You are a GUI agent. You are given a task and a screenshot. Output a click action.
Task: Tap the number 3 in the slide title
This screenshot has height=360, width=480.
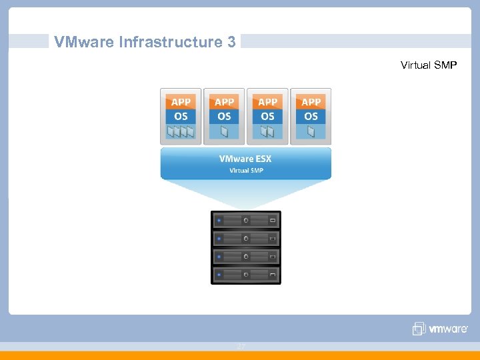coord(231,42)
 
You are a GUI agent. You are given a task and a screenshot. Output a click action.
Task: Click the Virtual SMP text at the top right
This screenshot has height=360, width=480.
coord(429,65)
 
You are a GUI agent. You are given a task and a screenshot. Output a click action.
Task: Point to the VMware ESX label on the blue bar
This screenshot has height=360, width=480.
coord(245,159)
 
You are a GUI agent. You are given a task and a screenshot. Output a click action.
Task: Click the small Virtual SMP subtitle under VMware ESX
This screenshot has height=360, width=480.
coord(246,171)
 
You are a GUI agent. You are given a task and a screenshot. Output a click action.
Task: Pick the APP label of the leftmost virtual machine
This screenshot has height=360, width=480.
coord(181,102)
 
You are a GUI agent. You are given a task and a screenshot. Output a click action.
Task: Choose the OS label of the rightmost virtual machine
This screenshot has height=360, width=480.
coord(311,116)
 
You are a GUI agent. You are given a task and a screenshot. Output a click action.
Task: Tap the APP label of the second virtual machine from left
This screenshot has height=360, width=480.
coord(224,102)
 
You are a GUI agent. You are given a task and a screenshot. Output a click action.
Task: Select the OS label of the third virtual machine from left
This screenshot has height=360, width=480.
coord(267,116)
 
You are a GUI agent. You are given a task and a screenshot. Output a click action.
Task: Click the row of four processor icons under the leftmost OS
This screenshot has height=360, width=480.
coord(181,133)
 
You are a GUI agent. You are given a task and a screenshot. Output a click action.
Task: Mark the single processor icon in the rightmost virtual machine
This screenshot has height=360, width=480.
coord(311,133)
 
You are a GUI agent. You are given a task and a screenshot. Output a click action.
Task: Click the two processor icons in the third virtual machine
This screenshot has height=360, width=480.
coord(267,133)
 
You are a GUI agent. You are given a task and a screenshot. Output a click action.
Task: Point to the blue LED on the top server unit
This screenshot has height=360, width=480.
coord(219,219)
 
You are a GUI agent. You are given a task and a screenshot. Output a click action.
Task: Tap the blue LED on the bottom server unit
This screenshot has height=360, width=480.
coord(219,274)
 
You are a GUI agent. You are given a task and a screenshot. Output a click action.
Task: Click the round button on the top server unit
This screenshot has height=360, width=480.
coord(246,219)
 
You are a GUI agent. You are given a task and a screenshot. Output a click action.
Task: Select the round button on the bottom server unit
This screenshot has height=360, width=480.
coord(246,274)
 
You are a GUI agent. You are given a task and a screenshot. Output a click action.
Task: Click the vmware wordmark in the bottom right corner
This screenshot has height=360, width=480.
coord(449,329)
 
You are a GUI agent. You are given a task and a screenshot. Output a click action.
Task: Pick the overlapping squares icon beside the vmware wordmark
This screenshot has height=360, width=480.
coord(419,328)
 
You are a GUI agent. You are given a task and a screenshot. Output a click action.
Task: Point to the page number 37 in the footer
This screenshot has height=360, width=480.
coord(241,347)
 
